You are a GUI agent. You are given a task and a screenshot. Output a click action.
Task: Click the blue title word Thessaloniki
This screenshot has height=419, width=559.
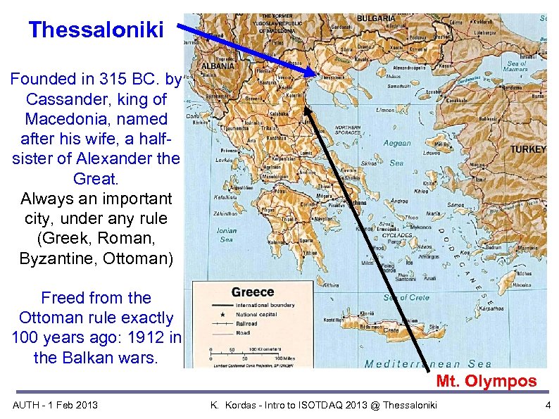pos(96,30)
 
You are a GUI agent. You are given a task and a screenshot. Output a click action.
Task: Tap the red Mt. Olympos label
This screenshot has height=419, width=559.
pos(486,382)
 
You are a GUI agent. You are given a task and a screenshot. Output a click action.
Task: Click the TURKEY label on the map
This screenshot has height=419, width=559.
pos(527,149)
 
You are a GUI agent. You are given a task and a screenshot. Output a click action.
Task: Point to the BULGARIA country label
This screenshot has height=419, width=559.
pos(377,18)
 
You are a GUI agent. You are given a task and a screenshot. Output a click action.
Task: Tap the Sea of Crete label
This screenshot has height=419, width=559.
pos(407,297)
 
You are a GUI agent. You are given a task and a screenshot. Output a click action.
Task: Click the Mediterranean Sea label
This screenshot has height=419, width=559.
pos(428,363)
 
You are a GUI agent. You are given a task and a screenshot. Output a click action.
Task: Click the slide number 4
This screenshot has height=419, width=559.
pos(548,404)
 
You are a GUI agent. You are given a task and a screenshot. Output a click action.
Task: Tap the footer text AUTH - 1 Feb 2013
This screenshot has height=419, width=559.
pos(56,404)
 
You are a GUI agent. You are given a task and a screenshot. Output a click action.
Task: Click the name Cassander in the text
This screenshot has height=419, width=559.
pos(58,99)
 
